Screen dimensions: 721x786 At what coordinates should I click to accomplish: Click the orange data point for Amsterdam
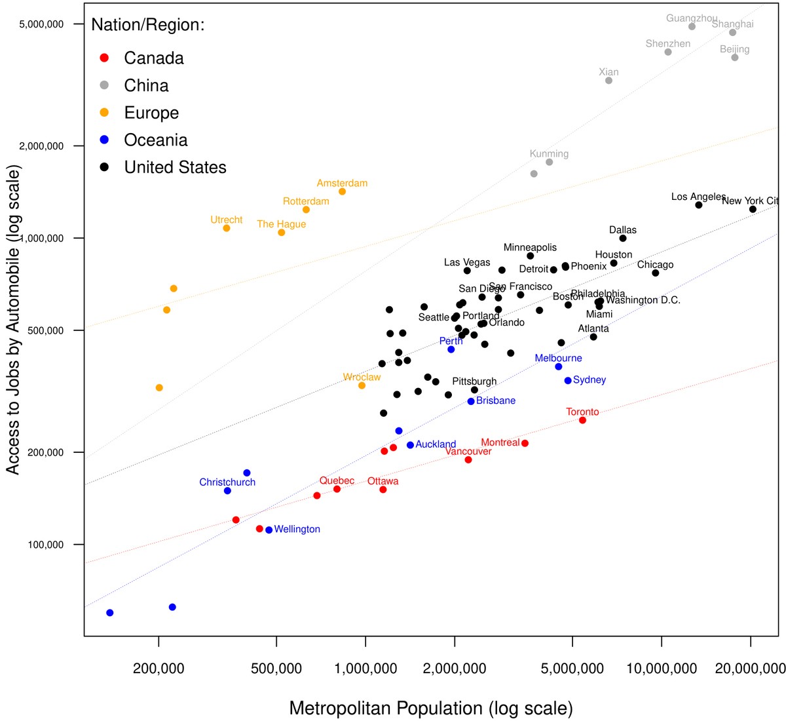[x=342, y=191]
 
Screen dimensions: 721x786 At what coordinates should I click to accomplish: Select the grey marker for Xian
[x=608, y=81]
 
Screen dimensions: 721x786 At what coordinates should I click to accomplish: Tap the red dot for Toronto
[x=582, y=420]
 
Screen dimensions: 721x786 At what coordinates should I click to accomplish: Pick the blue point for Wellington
[x=269, y=530]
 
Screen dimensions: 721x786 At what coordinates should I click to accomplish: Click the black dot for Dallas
[x=623, y=239]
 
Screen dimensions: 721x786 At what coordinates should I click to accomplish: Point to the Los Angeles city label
[x=698, y=197]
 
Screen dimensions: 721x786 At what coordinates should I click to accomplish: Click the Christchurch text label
[x=227, y=482]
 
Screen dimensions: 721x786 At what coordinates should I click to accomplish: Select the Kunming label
[x=549, y=154]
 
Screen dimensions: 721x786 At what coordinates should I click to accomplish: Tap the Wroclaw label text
[x=362, y=378]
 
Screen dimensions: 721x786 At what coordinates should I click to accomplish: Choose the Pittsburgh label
[x=474, y=381]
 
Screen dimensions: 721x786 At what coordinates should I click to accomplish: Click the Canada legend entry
[x=154, y=58]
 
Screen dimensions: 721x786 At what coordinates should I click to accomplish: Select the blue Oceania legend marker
[x=104, y=140]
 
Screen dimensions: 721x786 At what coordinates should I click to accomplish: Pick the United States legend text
[x=175, y=168]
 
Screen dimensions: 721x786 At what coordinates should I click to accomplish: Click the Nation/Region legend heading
[x=148, y=25]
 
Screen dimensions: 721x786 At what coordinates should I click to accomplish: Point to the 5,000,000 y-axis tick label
[x=42, y=24]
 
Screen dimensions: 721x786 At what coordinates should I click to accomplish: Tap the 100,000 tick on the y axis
[x=45, y=545]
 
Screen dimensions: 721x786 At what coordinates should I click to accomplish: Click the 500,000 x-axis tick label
[x=277, y=669]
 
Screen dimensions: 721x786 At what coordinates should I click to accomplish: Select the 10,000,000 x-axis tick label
[x=662, y=669]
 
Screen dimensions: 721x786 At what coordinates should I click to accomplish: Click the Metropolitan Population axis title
[x=430, y=709]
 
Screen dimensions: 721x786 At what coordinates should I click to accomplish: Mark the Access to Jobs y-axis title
[x=13, y=319]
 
